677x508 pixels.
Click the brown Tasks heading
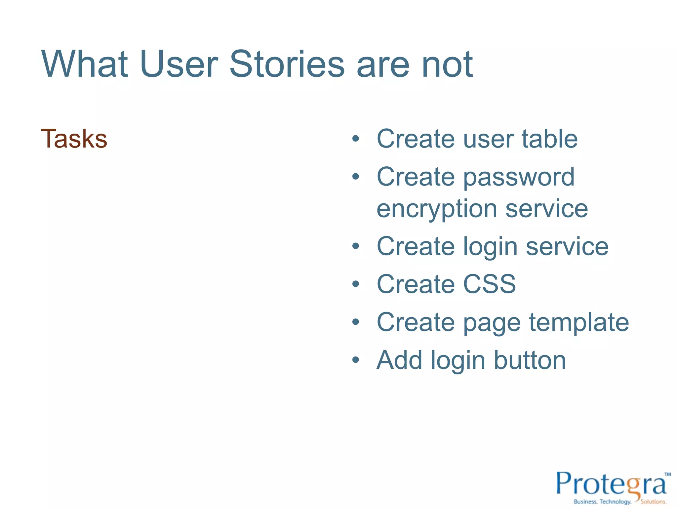74,139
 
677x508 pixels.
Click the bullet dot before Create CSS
355,284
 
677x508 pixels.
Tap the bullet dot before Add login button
355,360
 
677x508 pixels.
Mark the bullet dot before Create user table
355,139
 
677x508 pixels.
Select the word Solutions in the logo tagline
653,502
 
